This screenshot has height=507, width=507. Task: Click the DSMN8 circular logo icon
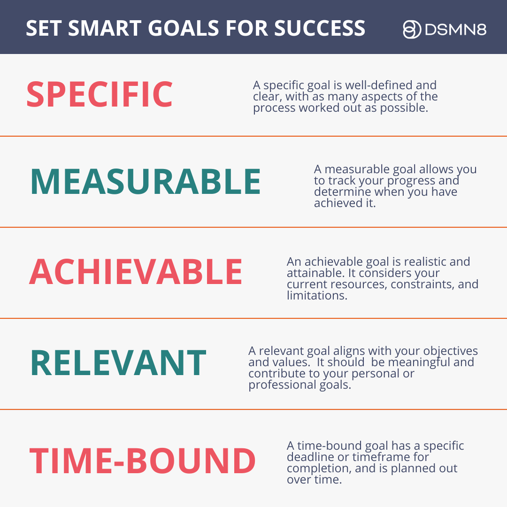[x=412, y=30]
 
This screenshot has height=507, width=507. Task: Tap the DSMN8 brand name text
[x=455, y=30]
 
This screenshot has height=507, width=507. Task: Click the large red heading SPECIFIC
[x=100, y=94]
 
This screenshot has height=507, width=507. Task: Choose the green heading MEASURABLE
[x=146, y=182]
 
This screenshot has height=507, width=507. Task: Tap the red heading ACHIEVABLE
[x=136, y=272]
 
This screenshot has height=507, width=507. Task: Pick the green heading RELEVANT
[x=118, y=363]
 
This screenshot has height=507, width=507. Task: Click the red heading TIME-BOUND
[x=142, y=461]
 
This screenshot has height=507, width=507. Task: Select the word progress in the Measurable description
[x=411, y=181]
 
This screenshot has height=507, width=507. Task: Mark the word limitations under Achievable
[x=317, y=296]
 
